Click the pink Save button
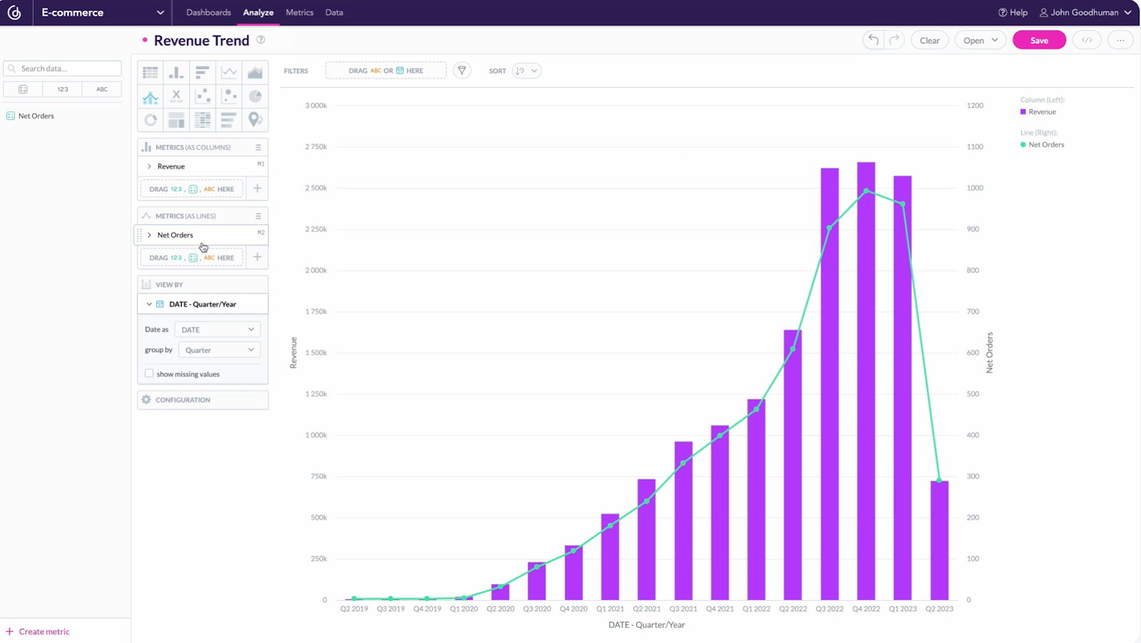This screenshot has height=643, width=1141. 1039,41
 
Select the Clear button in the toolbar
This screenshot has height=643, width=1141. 929,41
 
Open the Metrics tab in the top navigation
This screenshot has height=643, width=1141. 300,13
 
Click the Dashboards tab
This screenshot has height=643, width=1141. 208,13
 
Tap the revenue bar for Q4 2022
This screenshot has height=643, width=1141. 866,385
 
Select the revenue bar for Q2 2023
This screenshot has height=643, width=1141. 939,542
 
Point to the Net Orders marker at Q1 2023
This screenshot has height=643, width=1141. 903,204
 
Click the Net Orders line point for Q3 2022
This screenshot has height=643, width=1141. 829,228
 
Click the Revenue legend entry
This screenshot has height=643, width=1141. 1041,112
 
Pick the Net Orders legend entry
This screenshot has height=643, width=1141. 1045,145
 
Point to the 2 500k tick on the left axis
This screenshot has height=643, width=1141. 316,188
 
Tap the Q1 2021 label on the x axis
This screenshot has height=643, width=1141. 610,609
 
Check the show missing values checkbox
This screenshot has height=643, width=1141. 149,373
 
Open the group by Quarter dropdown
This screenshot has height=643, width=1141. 219,350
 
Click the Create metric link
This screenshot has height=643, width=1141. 44,632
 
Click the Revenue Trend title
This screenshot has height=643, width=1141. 202,41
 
